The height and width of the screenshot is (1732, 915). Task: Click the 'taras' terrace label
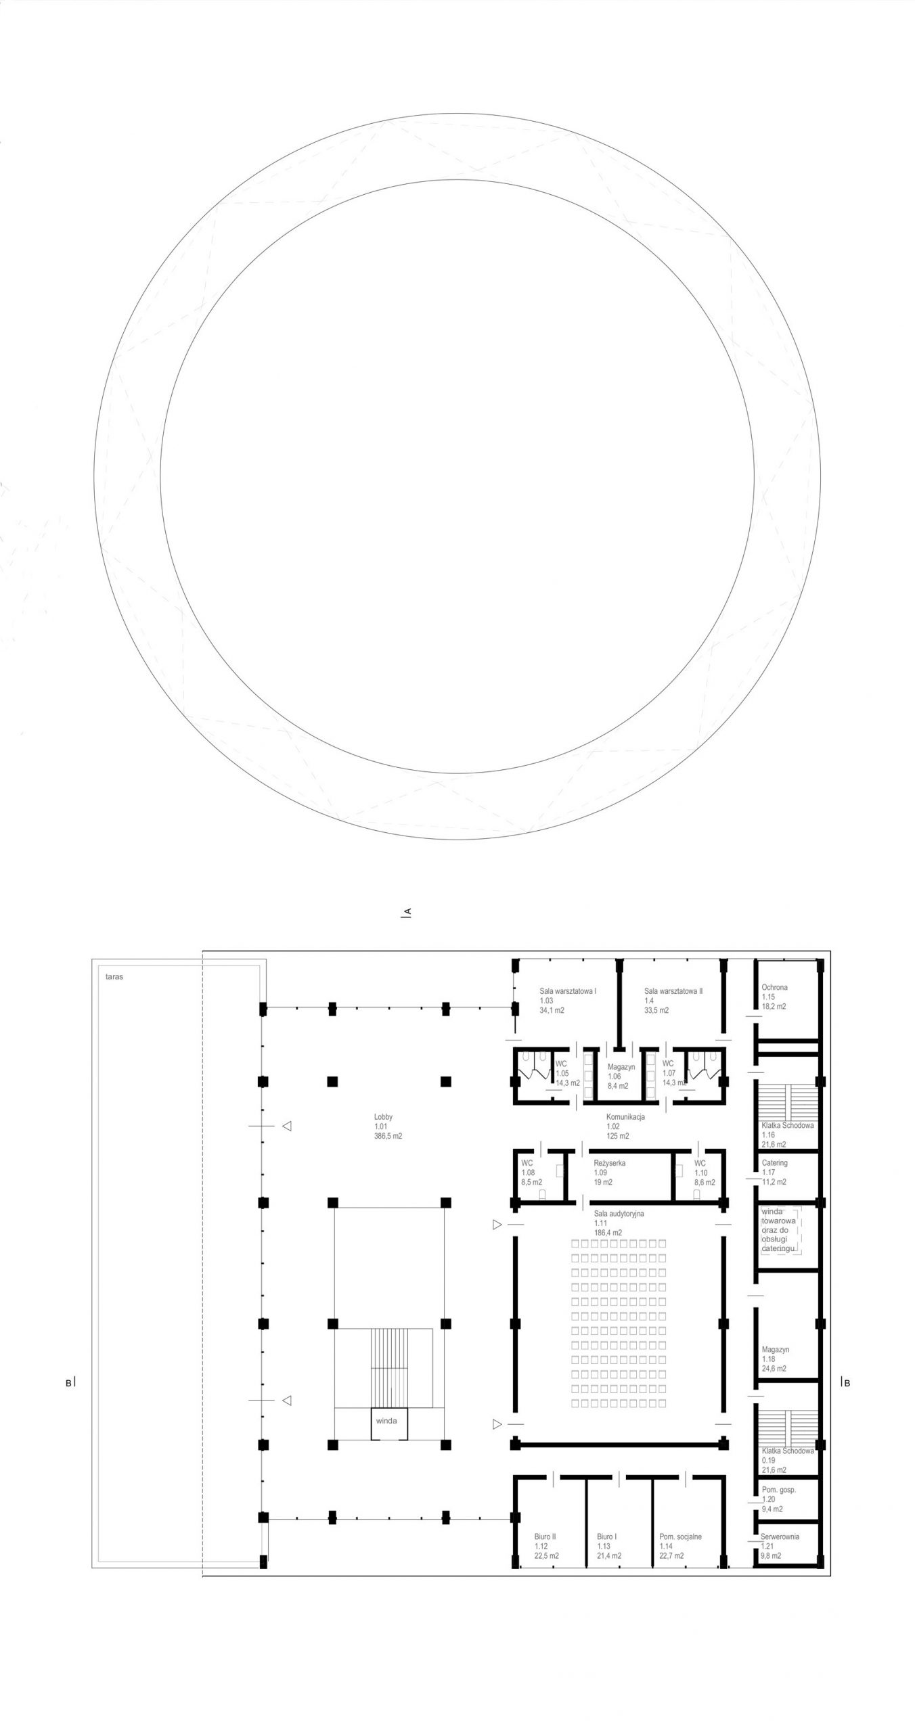114,977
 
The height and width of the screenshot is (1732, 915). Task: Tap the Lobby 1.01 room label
388,1126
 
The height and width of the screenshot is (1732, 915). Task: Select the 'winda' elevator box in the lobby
386,1421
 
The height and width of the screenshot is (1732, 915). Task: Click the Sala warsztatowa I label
568,1001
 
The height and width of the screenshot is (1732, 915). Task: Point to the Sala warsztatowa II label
673,1001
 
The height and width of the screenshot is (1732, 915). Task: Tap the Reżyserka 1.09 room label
610,1172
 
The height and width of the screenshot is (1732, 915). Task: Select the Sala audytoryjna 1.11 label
619,1223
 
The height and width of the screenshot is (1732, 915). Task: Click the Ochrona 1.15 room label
775,997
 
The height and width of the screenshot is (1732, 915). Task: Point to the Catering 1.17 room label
775,1172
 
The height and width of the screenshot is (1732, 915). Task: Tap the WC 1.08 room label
532,1172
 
